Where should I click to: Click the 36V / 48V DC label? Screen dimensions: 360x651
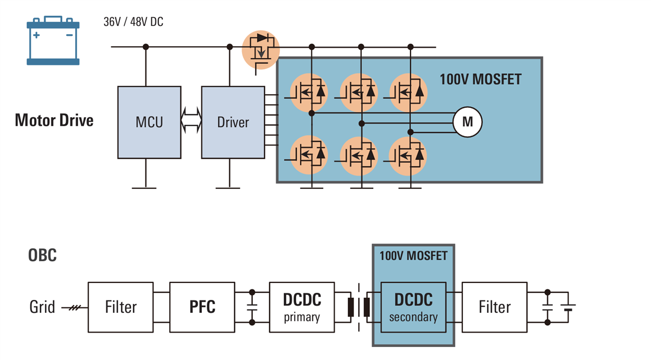133,22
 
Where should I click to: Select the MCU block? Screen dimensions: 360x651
149,122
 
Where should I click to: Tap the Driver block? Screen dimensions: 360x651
233,122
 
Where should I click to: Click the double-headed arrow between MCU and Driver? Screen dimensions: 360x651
191,119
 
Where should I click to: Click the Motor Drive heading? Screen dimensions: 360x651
54,120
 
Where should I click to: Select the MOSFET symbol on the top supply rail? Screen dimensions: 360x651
260,49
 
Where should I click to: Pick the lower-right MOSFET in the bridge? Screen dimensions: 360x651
408,155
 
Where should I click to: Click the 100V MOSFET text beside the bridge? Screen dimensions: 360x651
480,79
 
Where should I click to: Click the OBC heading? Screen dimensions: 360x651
42,255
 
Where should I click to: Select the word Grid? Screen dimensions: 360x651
42,307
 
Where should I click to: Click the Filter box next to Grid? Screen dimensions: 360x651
120,307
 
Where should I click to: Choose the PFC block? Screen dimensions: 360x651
202,307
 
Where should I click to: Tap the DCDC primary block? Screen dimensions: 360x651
302,307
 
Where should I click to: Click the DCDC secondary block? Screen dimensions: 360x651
413,307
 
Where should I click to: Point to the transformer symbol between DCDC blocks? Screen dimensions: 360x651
359,307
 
